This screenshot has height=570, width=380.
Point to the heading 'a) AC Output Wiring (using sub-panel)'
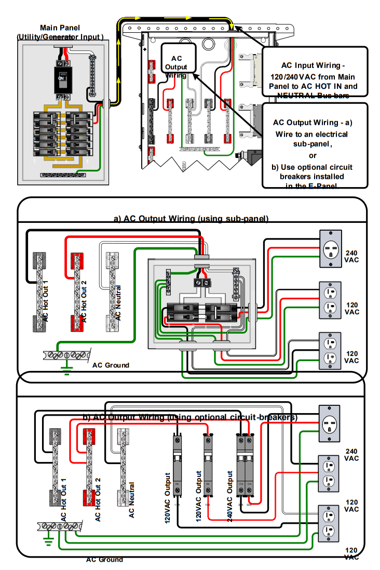[191, 219]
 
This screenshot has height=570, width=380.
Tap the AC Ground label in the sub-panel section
[111, 365]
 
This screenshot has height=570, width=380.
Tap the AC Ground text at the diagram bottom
[104, 560]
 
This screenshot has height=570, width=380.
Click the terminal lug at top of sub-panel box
[201, 283]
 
